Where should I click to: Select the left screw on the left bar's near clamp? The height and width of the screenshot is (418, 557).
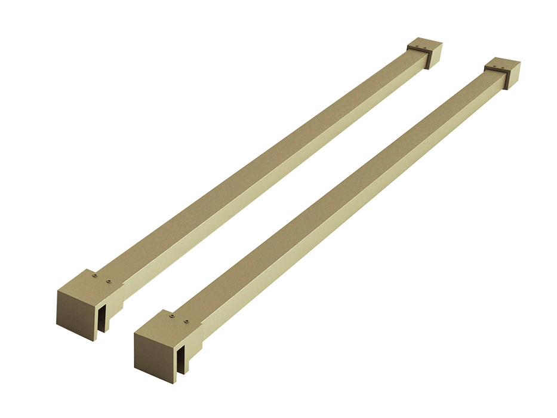click(94, 276)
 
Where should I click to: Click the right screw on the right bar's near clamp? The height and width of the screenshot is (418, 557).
click(186, 321)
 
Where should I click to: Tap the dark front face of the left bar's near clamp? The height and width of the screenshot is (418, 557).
click(76, 314)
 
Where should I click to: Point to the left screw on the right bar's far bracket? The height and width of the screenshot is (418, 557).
click(495, 63)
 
